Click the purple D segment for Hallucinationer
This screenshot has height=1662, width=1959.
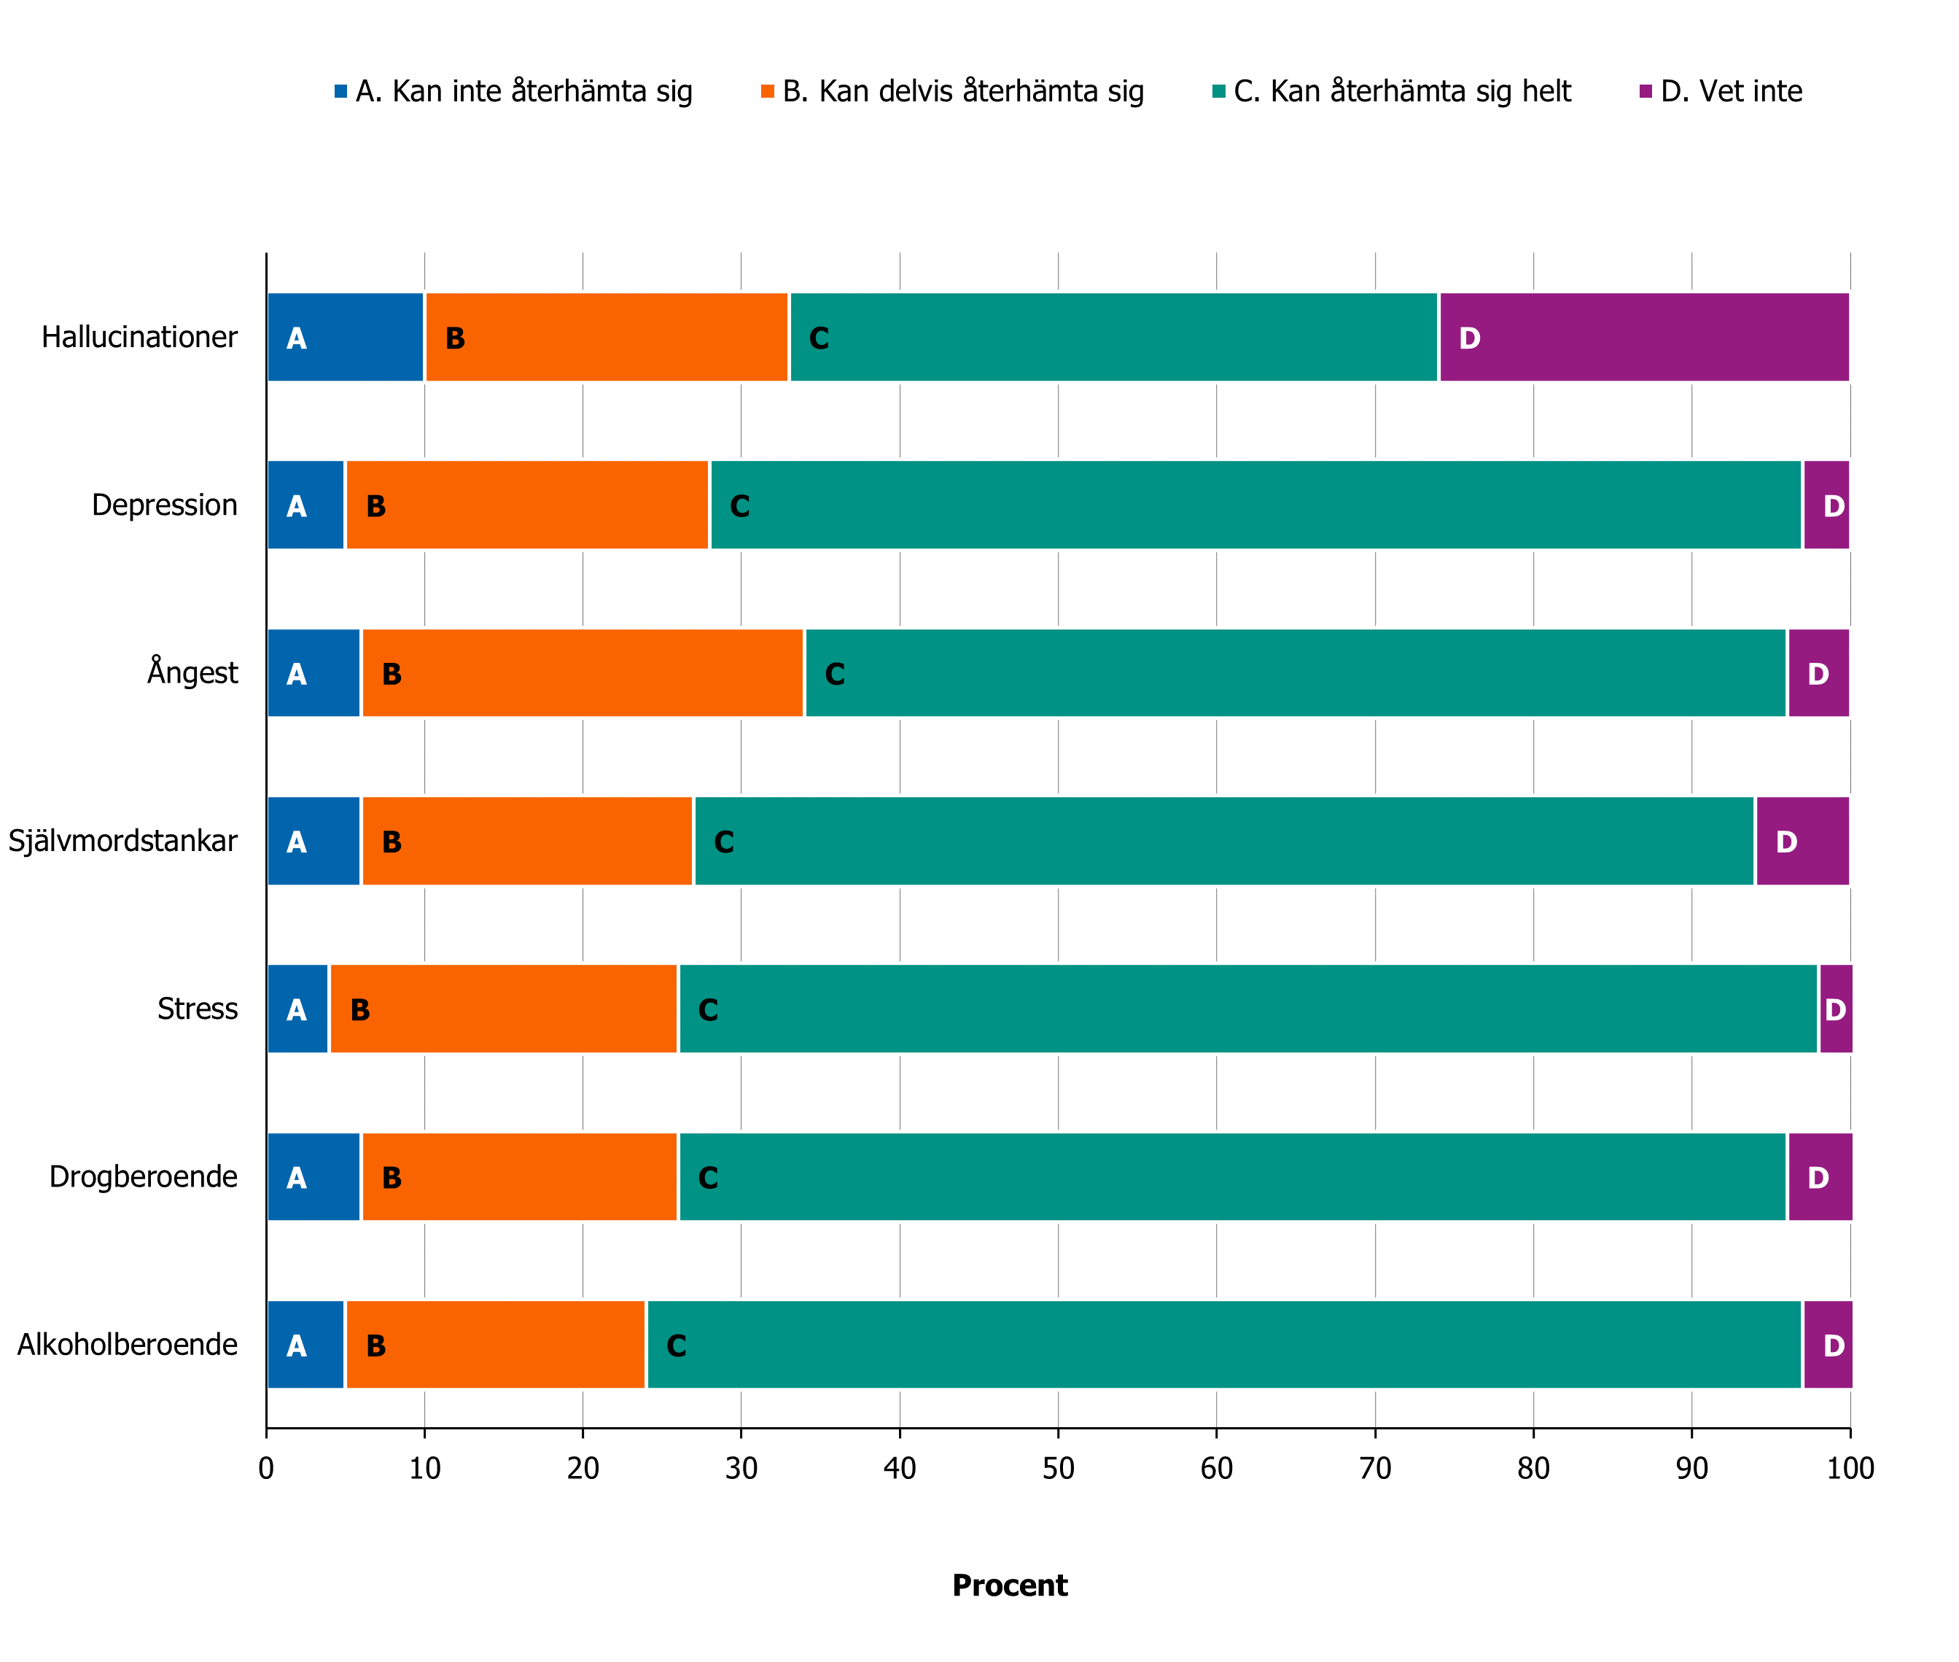[x=1643, y=338]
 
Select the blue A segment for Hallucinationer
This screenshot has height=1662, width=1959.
[x=346, y=338]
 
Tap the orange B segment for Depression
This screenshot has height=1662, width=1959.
[x=526, y=505]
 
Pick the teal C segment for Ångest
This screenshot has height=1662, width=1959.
[x=1295, y=672]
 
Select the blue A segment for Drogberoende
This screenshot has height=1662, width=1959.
[x=313, y=1177]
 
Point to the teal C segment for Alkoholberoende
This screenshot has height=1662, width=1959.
[x=1223, y=1345]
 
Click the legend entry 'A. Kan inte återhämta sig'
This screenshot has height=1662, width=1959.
[x=513, y=91]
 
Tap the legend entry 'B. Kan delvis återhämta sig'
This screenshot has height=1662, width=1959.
[x=952, y=91]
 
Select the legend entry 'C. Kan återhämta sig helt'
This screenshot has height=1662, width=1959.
[x=1391, y=91]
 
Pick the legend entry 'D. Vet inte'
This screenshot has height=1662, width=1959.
[x=1721, y=91]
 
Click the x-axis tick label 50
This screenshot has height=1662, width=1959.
[x=1058, y=1469]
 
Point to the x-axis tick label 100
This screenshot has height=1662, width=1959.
[x=1850, y=1469]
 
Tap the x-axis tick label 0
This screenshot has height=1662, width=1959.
[x=267, y=1469]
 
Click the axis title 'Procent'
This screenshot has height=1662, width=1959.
[x=1010, y=1585]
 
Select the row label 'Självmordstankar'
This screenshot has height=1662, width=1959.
[x=123, y=840]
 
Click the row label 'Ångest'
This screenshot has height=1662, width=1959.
[x=192, y=672]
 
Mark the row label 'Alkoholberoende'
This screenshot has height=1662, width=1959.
[x=127, y=1345]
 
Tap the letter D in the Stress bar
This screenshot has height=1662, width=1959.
[x=1834, y=1010]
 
